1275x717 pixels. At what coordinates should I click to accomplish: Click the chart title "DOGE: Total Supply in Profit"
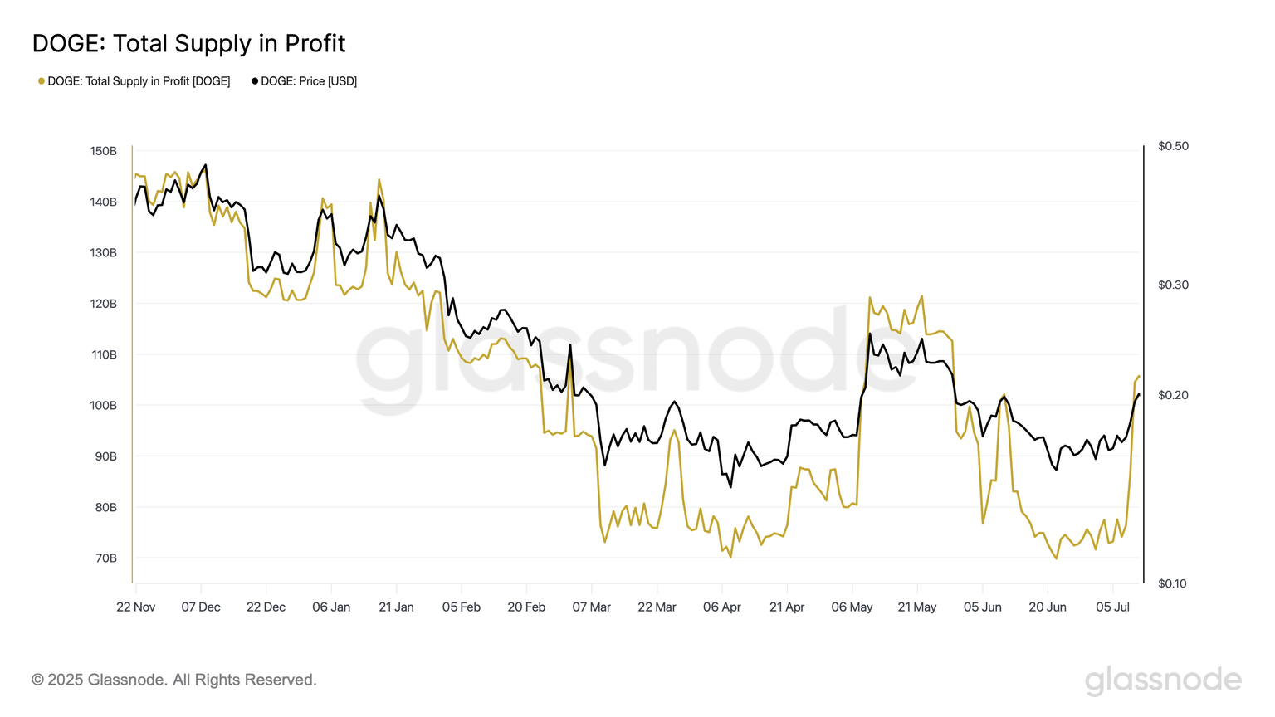click(188, 43)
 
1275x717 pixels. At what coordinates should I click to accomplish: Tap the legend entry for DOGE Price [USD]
click(305, 81)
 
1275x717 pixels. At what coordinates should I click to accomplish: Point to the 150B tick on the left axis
click(104, 151)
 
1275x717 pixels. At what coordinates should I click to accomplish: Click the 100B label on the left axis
click(104, 406)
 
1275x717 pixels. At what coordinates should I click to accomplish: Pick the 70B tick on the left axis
click(106, 558)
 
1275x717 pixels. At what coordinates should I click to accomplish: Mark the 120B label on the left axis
click(104, 304)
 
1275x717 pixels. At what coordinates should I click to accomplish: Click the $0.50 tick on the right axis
click(1173, 146)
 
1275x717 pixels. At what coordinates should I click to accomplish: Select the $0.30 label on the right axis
click(1173, 285)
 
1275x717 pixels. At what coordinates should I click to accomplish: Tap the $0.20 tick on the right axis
click(1173, 395)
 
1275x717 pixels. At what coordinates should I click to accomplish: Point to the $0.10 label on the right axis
click(1173, 583)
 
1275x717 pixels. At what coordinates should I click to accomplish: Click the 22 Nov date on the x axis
click(136, 607)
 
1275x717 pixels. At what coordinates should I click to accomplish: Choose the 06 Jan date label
click(331, 607)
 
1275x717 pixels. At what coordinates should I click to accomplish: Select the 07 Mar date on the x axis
click(592, 607)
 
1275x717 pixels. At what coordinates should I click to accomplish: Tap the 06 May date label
click(852, 607)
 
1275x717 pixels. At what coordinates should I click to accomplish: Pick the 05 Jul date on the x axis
click(1112, 607)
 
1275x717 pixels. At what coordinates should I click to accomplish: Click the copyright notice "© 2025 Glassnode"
click(174, 680)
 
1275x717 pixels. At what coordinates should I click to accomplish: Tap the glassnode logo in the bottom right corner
click(1163, 680)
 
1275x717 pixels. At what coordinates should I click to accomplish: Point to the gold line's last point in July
click(1139, 377)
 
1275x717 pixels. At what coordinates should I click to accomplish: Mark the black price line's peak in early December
click(206, 165)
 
